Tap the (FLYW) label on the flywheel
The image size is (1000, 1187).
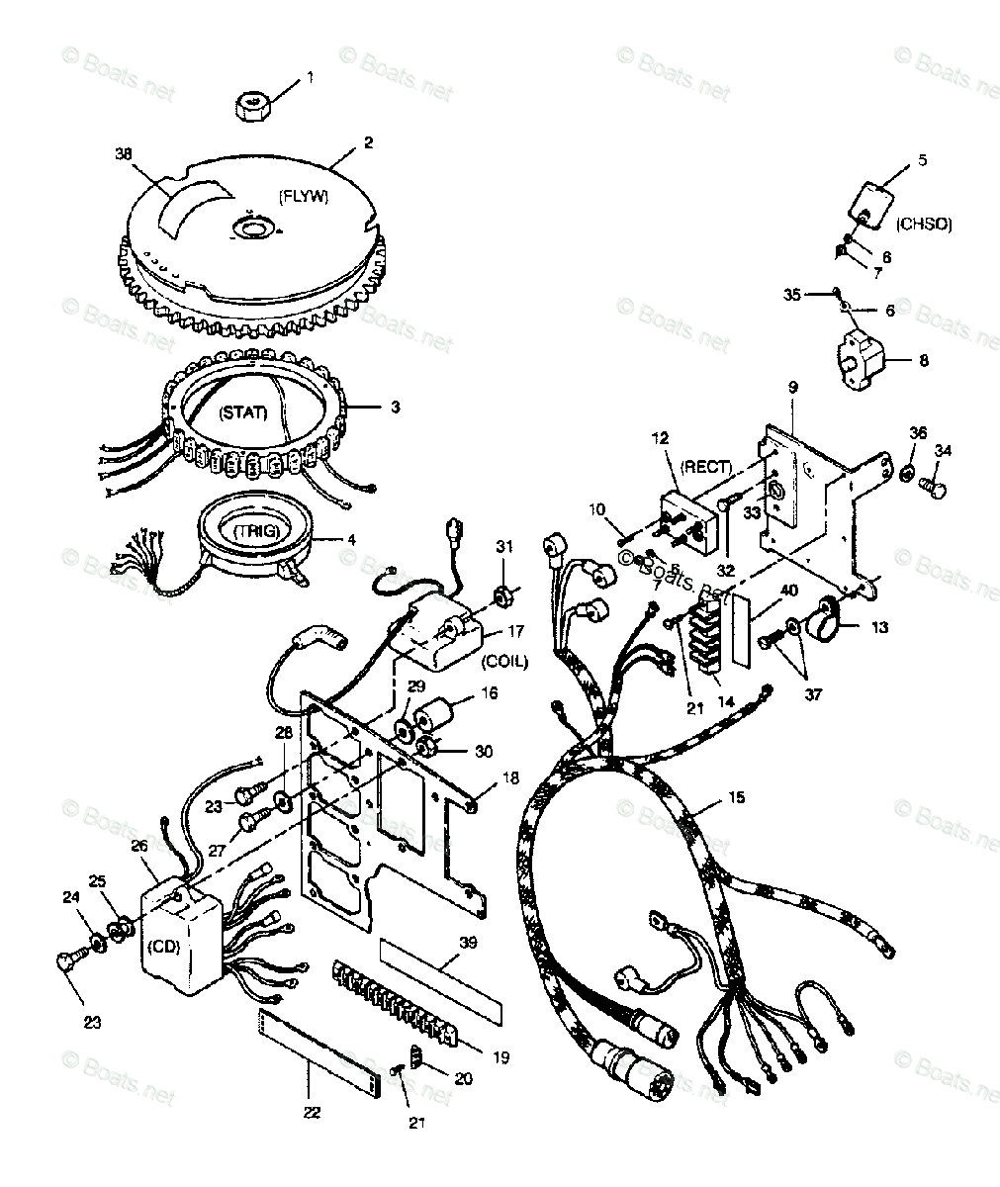303,197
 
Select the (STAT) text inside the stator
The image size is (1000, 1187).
243,411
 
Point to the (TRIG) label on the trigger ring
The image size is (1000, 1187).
256,531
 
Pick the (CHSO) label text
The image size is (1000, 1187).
924,225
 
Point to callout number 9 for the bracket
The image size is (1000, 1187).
791,387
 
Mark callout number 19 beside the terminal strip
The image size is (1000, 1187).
500,1057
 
